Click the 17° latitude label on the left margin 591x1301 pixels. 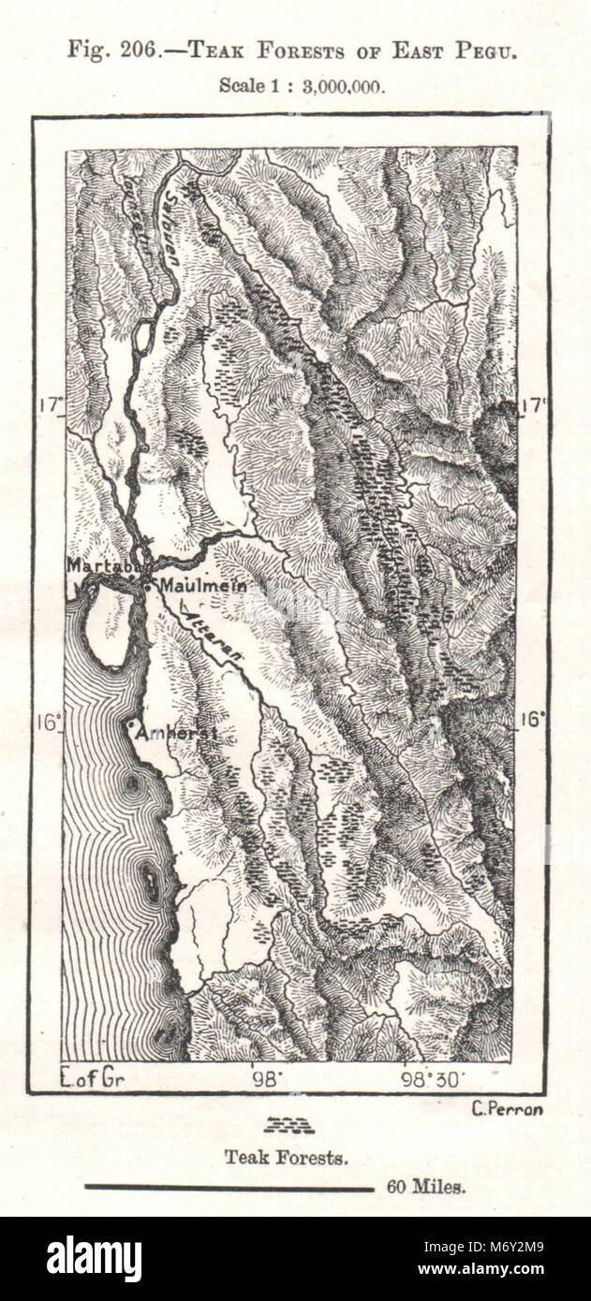coord(51,404)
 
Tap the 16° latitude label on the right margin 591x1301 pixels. coord(533,719)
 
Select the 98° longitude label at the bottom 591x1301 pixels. coord(265,1079)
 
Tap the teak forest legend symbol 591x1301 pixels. coord(288,1125)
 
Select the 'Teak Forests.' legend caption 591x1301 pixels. coord(287,1158)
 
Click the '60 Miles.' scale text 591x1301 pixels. coord(425,1188)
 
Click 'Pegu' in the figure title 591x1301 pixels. coord(490,51)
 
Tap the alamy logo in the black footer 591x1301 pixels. coord(94,1259)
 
